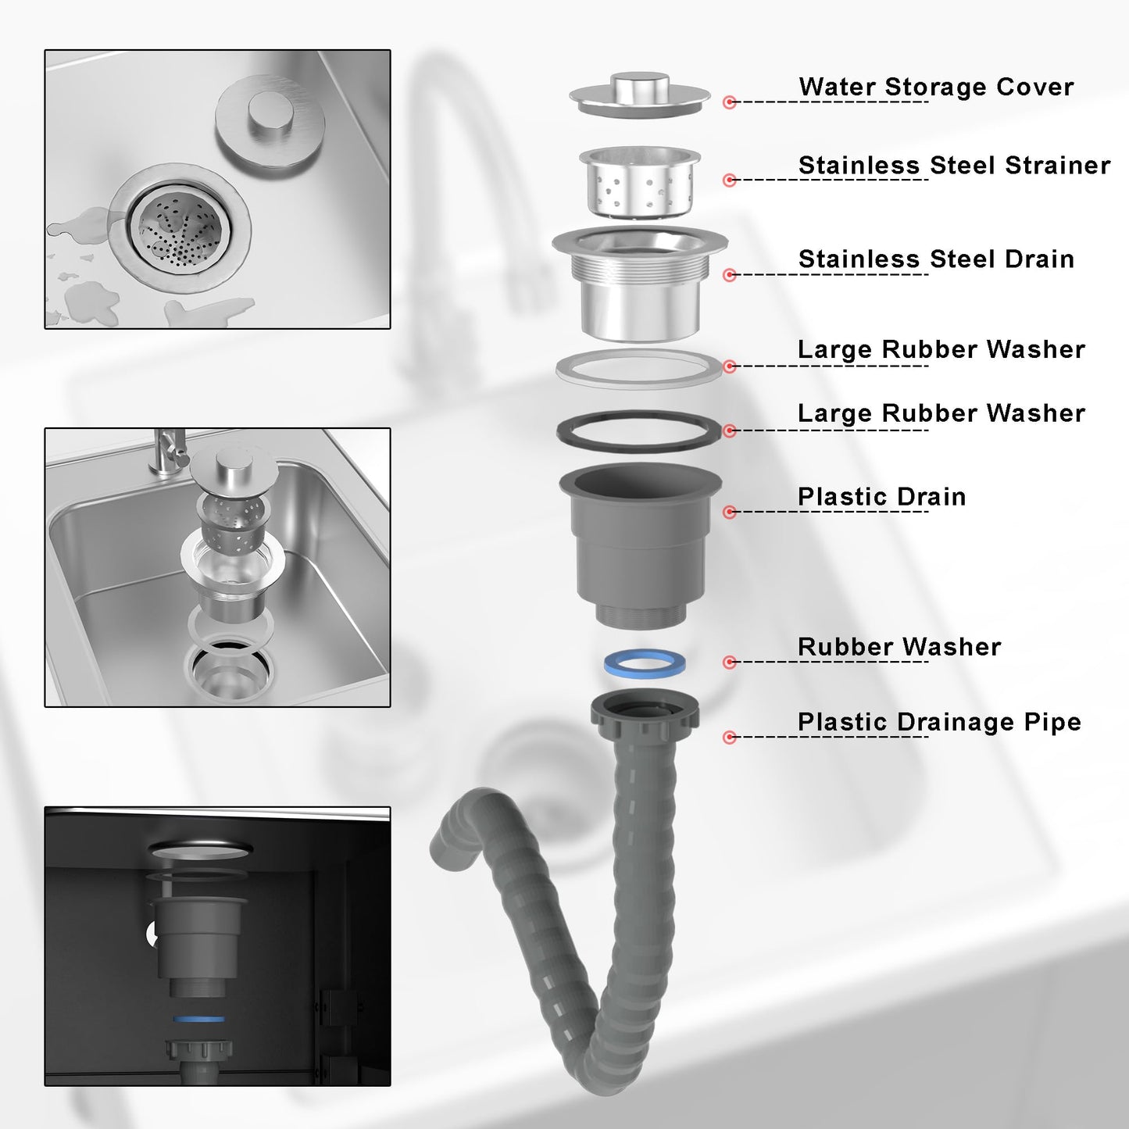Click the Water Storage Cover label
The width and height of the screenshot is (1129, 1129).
(936, 87)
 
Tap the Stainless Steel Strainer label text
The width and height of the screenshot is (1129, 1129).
(955, 165)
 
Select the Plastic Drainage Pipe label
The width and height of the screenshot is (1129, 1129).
(939, 722)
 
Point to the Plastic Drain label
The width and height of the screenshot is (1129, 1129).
(882, 497)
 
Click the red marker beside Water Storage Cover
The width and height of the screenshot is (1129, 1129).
(730, 102)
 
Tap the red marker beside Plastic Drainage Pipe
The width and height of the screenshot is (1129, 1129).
(730, 737)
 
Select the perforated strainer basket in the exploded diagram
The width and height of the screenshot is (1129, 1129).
(640, 181)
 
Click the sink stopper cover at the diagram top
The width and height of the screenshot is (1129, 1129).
(640, 95)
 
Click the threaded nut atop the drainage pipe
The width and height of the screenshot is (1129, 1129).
(645, 711)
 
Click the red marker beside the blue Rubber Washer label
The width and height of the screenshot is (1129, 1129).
(730, 662)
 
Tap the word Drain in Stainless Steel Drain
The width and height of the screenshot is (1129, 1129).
(1039, 259)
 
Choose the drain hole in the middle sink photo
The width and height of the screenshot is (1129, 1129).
(230, 669)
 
